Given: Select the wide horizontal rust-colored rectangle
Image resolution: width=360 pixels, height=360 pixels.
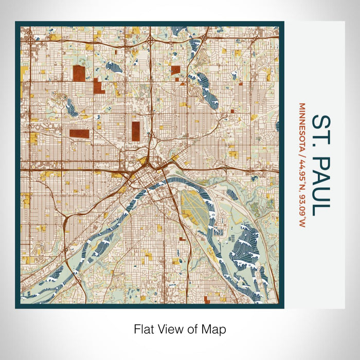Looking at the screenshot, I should point(79,133).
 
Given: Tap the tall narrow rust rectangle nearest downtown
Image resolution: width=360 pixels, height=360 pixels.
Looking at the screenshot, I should point(136,131).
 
